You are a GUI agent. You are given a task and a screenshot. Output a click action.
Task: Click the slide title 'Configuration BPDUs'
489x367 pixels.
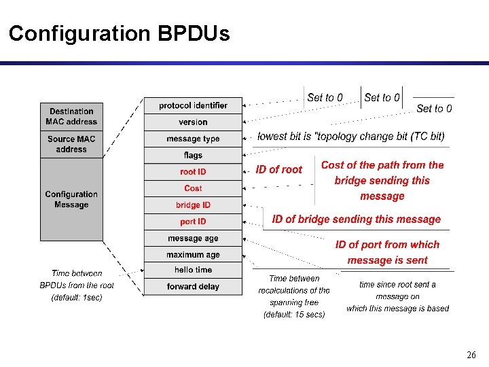pos(119,33)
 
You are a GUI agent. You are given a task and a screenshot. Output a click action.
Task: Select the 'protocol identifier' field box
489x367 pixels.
pos(193,105)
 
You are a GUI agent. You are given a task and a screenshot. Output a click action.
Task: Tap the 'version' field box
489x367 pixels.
pos(193,122)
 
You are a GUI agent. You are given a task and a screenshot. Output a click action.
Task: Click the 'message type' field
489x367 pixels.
pos(193,139)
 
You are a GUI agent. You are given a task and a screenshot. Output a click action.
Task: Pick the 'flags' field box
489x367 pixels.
pos(193,156)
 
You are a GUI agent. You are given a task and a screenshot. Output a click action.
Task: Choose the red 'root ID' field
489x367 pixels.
pos(193,172)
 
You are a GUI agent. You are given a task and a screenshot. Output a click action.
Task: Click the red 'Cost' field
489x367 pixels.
pos(193,188)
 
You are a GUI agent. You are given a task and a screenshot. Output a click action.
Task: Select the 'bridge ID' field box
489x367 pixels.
pos(193,205)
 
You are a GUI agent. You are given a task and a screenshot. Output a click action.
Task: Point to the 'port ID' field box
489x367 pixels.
pos(193,222)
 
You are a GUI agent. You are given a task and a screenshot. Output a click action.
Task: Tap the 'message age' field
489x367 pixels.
pos(193,239)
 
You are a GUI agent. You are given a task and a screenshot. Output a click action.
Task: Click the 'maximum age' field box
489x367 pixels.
pos(193,255)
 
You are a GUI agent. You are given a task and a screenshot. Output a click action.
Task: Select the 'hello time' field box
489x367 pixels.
pos(193,270)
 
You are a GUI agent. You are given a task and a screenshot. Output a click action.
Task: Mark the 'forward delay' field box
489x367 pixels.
pos(193,286)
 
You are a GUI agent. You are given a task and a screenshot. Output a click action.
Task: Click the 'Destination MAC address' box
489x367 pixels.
pos(71,116)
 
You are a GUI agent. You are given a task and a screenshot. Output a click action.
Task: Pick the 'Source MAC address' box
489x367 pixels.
pos(71,144)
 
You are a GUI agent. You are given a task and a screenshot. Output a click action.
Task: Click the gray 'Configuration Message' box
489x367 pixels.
pos(71,199)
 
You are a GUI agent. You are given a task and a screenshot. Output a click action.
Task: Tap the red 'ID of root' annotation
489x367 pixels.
pos(278,170)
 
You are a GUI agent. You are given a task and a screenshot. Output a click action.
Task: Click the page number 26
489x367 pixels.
pos(471,355)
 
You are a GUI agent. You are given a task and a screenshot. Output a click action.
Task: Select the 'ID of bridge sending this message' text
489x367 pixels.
pos(356,219)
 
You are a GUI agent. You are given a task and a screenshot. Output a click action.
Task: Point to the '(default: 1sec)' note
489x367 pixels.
pos(77,298)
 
